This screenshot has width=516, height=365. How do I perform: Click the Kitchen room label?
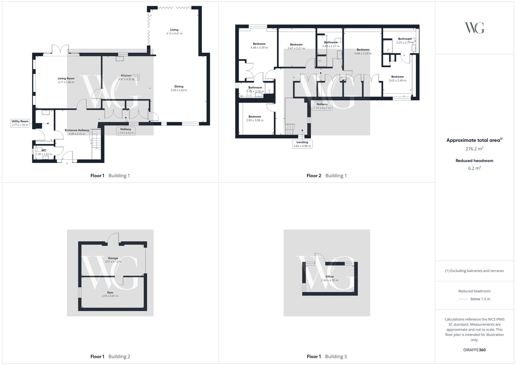[x=126, y=76]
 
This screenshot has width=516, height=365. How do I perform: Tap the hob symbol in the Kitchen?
[x=136, y=77]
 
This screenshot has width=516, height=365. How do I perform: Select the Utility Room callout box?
[x=20, y=123]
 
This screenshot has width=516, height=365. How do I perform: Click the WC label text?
[x=44, y=150]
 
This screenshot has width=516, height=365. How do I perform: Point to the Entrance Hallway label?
[x=77, y=130]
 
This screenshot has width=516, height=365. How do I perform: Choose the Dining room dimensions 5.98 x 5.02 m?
[x=179, y=90]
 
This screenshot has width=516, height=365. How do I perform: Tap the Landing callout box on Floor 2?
[x=302, y=144]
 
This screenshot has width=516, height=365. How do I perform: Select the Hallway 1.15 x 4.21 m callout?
[x=322, y=106]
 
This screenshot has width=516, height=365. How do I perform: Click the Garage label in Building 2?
[x=113, y=258]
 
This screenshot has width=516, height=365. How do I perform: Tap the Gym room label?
[x=110, y=293]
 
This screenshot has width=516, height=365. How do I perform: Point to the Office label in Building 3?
[x=329, y=277]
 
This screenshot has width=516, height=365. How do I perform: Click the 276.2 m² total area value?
[x=474, y=149]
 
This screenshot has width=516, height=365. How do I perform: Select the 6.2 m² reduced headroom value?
[x=474, y=168]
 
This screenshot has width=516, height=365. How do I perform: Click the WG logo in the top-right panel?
[x=474, y=28]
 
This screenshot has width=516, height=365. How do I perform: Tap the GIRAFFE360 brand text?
[x=474, y=350]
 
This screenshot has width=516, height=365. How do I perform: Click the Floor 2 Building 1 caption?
[x=327, y=176]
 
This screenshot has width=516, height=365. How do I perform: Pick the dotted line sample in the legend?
[x=463, y=299]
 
